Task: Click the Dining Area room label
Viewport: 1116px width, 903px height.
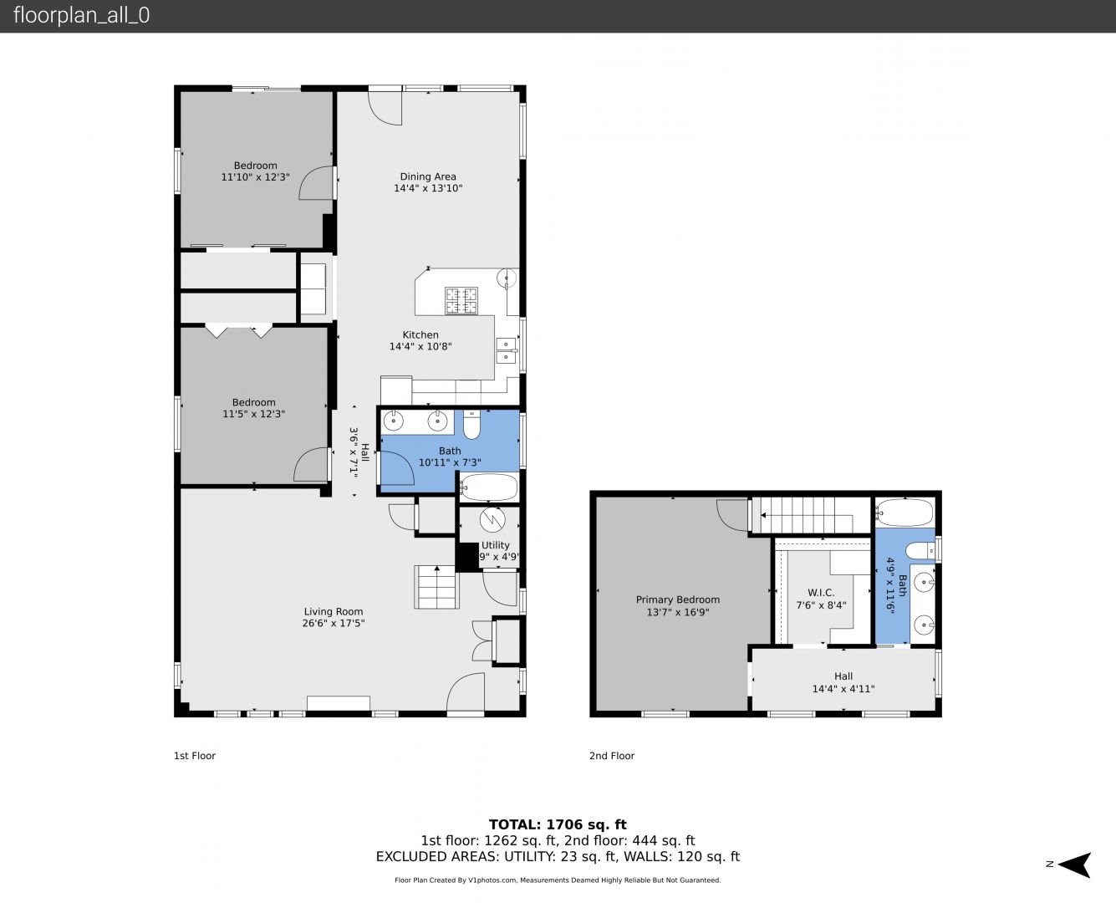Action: click(x=428, y=176)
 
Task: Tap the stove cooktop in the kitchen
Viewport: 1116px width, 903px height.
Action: click(x=461, y=300)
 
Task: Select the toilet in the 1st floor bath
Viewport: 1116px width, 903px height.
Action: click(x=471, y=425)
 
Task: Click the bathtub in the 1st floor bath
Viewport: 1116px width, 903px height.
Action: click(x=488, y=488)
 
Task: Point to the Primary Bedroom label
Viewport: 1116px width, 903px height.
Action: click(x=677, y=599)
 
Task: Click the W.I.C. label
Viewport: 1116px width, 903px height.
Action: click(x=821, y=593)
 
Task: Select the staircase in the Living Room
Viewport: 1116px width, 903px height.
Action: click(x=436, y=587)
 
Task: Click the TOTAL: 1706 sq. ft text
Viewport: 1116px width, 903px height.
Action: click(x=558, y=824)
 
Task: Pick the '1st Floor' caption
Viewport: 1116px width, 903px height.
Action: click(x=195, y=756)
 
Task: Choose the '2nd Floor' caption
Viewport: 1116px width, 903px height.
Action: click(x=611, y=756)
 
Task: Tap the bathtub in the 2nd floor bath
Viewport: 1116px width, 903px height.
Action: click(x=905, y=513)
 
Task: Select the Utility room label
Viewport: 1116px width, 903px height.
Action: click(x=495, y=545)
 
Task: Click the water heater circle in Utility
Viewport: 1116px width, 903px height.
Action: click(x=492, y=519)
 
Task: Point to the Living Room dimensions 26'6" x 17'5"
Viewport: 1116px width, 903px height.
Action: click(x=334, y=623)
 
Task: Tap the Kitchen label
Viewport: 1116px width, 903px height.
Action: click(x=420, y=334)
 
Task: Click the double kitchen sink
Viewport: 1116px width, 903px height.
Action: click(x=506, y=350)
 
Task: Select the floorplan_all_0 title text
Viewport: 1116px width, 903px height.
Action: click(x=82, y=15)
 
